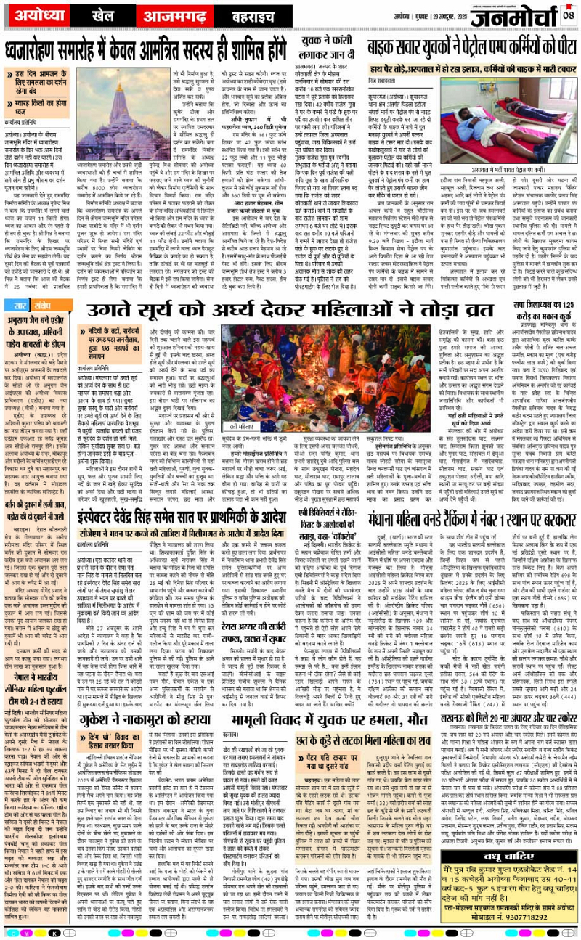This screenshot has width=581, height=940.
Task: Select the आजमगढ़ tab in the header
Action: (x=155, y=15)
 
